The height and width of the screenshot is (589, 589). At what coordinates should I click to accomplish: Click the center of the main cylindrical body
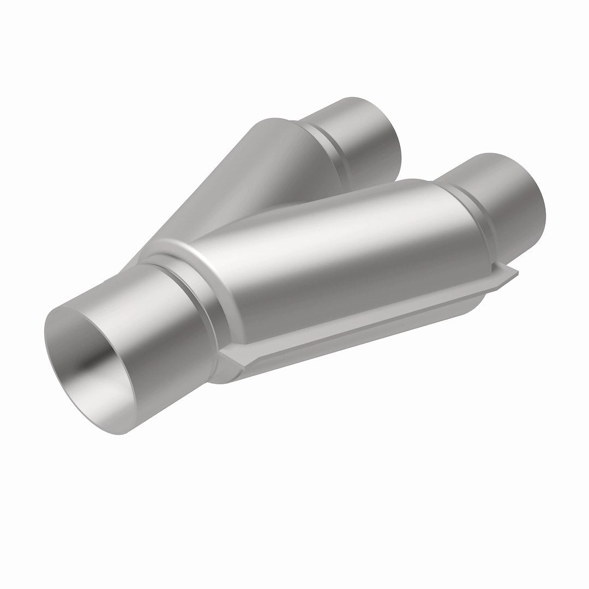[x=327, y=262]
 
